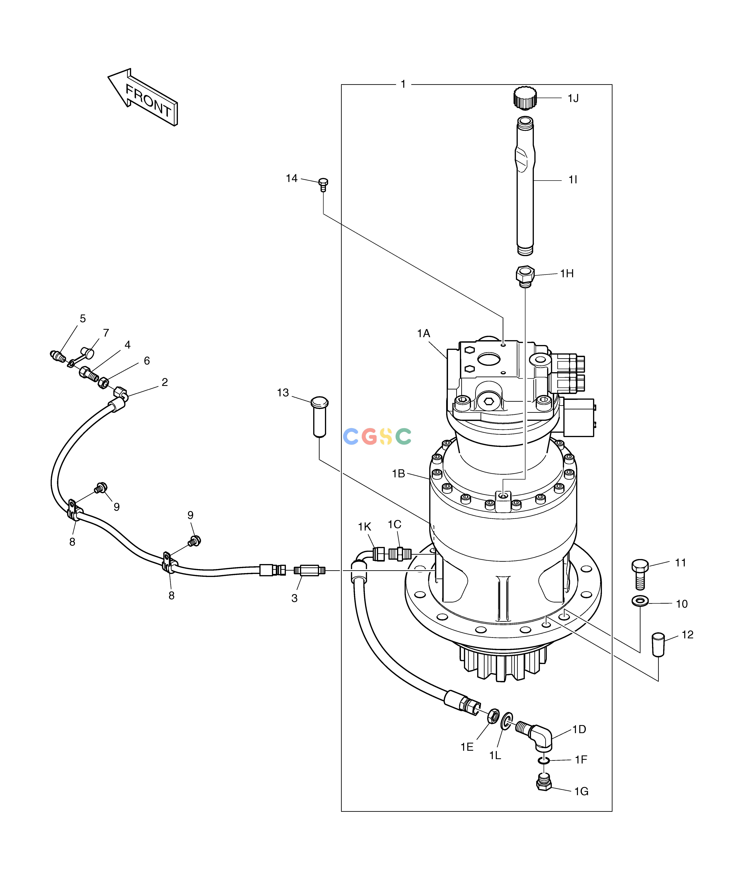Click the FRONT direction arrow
point(142,97)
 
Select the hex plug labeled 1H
point(525,276)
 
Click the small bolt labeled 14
point(323,184)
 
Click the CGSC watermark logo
point(377,436)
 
